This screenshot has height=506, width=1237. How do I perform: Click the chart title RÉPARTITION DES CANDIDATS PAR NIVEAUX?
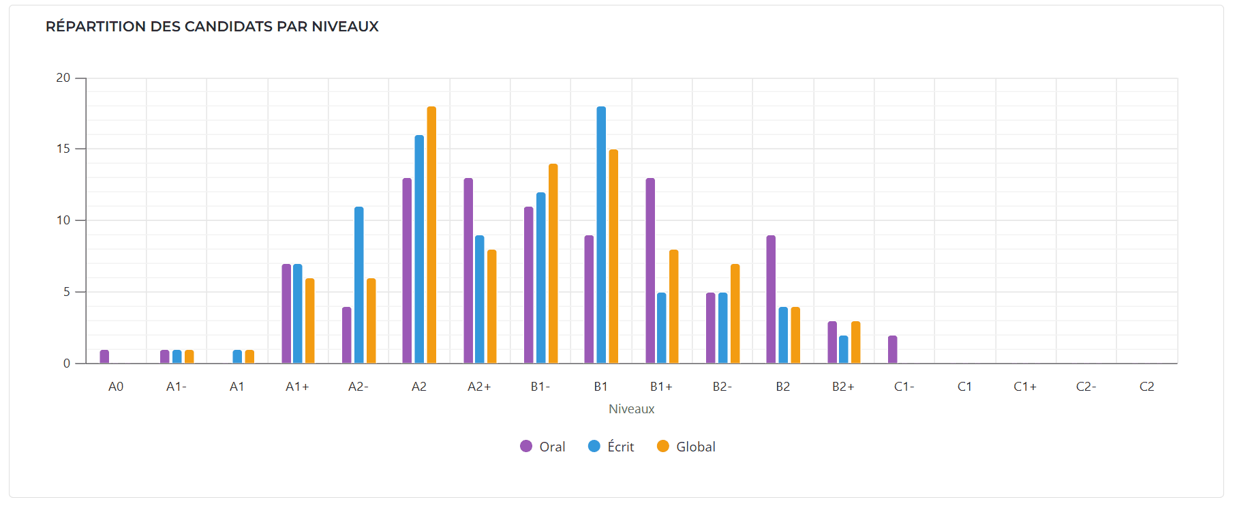pos(212,27)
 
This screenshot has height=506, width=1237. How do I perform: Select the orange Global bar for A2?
pos(431,235)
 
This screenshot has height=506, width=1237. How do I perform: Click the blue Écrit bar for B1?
pos(601,235)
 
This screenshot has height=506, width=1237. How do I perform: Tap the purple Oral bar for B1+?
pos(650,271)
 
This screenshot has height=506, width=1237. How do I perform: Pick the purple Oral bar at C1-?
pos(893,350)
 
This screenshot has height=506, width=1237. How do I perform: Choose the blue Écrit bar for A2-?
pos(358,285)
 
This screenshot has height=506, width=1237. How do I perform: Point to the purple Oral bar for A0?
pos(104,357)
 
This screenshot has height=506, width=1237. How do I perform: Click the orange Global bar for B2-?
pos(735,314)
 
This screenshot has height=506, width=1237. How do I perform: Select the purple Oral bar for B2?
pos(771,299)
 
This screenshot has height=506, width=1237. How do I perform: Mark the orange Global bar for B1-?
pos(553,264)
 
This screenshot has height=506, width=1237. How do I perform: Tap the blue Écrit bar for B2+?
pos(844,350)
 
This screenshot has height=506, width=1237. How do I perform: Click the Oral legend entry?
pos(543,447)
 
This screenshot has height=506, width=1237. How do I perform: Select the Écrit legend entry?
pos(611,447)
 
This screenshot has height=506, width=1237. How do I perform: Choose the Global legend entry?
pos(686,447)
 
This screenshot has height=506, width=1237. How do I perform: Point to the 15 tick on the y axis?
pos(63,149)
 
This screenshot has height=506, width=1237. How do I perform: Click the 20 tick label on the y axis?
pos(63,78)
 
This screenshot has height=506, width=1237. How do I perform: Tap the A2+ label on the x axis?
pos(479,387)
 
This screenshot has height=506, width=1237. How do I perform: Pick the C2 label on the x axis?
pos(1147,387)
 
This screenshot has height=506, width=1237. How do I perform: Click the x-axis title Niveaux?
pos(631,409)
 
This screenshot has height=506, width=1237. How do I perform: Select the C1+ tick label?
pos(1025,387)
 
